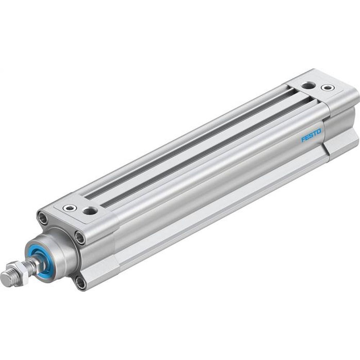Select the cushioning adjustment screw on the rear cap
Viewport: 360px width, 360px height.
[328, 87]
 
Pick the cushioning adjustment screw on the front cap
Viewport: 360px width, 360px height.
[69, 208]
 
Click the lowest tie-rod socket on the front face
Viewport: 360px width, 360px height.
[81, 283]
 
